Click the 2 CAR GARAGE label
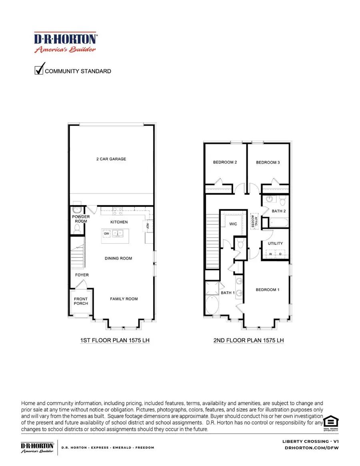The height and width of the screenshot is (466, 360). pos(111,159)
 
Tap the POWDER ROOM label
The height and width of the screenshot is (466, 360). pos(81,219)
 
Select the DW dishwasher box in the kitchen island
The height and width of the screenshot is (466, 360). pos(106,233)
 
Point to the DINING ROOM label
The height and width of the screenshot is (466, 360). pos(118,258)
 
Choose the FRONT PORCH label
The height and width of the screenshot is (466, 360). pos(81,301)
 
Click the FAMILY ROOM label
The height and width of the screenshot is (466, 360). pos(124,299)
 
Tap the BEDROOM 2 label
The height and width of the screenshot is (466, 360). pos(225,162)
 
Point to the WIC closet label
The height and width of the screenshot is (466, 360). pos(233,224)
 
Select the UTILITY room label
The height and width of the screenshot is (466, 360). pos(275,243)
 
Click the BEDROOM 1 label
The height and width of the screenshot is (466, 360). pos(267,290)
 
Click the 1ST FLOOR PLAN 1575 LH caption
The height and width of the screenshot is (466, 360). pos(110,340)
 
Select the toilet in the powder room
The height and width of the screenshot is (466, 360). pos(77,228)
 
